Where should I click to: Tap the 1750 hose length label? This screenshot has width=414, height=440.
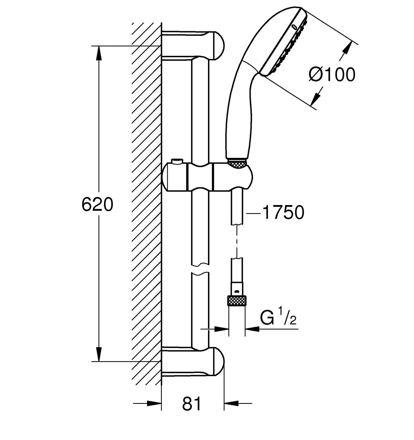coord(283,213)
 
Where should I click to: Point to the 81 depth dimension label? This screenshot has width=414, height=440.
coord(192,404)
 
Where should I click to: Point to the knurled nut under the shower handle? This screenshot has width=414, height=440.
coord(237,164)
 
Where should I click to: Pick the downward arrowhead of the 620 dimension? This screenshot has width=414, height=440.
coord(99,354)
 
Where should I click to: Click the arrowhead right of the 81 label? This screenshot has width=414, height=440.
coord(231,404)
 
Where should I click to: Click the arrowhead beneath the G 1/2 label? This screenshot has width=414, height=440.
coord(252,329)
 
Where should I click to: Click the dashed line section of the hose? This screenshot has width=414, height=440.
coord(237,241)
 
